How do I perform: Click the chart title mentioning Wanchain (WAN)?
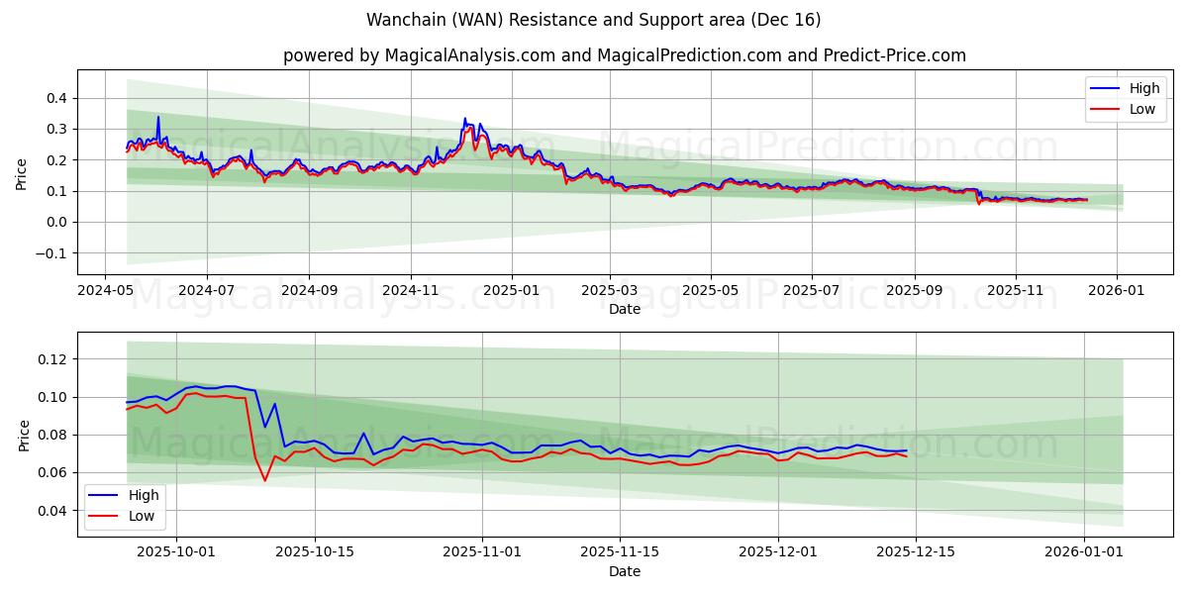593,20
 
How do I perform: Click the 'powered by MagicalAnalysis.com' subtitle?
624,55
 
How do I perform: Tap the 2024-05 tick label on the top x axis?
105,292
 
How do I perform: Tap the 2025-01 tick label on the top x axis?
512,292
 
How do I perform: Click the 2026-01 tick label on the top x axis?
1118,292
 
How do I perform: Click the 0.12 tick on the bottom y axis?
50,359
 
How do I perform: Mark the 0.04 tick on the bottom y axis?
50,511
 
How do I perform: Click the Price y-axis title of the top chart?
22,172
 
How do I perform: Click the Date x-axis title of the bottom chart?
624,572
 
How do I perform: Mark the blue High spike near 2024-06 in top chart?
157,118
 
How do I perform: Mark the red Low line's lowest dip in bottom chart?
264,480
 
